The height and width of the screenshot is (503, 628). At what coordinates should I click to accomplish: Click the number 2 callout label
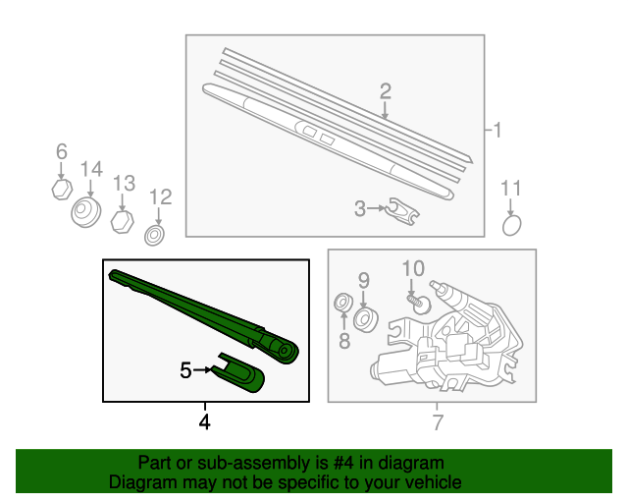pyautogui.click(x=385, y=91)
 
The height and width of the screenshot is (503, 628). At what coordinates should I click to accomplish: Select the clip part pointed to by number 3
pyautogui.click(x=401, y=211)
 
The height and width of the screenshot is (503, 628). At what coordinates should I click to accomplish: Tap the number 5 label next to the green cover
pyautogui.click(x=185, y=369)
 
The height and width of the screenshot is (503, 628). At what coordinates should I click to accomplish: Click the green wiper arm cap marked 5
pyautogui.click(x=238, y=372)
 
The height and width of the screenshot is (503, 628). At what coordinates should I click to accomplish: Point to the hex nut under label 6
pyautogui.click(x=62, y=190)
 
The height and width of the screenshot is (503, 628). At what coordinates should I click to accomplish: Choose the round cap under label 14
pyautogui.click(x=85, y=212)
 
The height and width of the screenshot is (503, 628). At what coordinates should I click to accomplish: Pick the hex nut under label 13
pyautogui.click(x=122, y=221)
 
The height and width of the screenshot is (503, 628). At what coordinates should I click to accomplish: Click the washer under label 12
pyautogui.click(x=155, y=236)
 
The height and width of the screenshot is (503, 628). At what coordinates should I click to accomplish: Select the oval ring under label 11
pyautogui.click(x=512, y=225)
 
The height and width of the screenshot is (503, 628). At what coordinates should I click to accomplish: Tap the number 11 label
pyautogui.click(x=511, y=188)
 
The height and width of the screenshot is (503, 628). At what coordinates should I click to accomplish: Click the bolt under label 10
pyautogui.click(x=419, y=304)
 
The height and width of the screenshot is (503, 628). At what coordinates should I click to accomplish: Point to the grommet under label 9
pyautogui.click(x=366, y=319)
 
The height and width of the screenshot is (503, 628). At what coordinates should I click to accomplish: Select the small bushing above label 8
pyautogui.click(x=343, y=303)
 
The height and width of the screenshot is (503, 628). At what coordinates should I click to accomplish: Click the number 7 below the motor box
pyautogui.click(x=438, y=422)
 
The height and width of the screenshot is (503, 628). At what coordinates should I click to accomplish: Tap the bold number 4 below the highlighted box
pyautogui.click(x=204, y=422)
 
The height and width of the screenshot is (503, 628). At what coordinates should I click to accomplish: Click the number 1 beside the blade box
pyautogui.click(x=497, y=130)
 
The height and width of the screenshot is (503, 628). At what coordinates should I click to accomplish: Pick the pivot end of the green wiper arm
pyautogui.click(x=284, y=351)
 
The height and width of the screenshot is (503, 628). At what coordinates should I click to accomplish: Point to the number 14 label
pyautogui.click(x=91, y=169)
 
